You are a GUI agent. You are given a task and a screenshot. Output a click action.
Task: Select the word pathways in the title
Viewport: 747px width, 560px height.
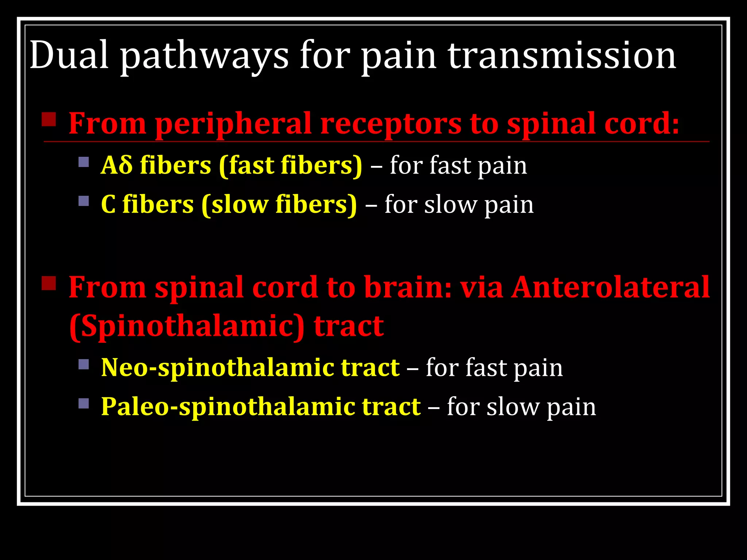click(204, 57)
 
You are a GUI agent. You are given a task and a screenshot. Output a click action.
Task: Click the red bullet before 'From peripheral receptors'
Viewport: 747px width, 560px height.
click(49, 119)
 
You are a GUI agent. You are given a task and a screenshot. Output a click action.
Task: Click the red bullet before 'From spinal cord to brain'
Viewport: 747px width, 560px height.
click(49, 283)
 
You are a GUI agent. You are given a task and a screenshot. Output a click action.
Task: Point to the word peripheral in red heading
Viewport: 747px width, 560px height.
click(233, 124)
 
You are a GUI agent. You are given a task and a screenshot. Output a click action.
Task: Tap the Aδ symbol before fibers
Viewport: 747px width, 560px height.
click(116, 165)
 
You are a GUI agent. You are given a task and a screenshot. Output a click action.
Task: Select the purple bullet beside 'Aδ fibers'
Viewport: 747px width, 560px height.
click(84, 162)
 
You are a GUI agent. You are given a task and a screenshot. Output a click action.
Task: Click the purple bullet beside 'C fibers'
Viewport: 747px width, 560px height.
click(84, 201)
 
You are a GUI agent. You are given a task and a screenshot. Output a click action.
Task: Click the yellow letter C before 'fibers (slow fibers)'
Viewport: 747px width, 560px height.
click(108, 204)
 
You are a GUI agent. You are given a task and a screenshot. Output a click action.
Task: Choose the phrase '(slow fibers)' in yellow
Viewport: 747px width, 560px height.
click(279, 205)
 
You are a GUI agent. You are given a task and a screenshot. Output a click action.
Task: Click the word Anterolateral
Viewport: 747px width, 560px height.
click(610, 287)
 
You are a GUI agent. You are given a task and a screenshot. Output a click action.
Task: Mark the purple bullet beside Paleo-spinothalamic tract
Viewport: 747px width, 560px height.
click(84, 403)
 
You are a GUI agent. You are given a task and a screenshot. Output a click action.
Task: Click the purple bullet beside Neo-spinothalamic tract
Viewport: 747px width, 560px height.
click(84, 364)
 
